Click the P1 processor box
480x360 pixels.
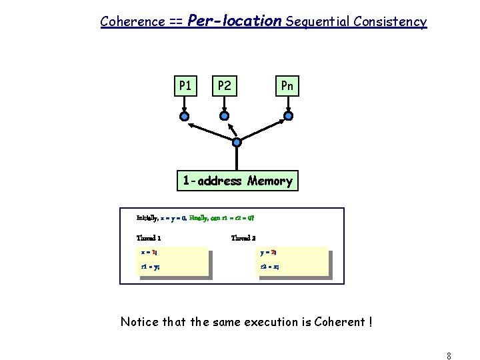(185, 86)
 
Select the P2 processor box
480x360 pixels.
(225, 86)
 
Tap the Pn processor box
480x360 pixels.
(287, 86)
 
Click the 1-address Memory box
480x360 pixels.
(237, 181)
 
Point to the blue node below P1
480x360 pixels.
(185, 116)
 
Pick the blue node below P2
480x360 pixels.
(225, 116)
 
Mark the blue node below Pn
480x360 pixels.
(288, 116)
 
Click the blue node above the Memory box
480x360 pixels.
(237, 142)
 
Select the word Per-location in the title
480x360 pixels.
(235, 21)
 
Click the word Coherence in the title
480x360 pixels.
(132, 21)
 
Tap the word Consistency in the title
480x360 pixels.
(391, 21)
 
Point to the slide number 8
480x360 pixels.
(449, 355)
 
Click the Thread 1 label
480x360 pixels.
(148, 238)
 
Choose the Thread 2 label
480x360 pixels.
(243, 238)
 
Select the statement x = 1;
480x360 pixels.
(149, 253)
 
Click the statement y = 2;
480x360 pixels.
(269, 253)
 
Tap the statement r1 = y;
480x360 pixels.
(149, 267)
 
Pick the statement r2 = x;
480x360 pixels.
(269, 267)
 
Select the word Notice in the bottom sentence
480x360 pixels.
(139, 322)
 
